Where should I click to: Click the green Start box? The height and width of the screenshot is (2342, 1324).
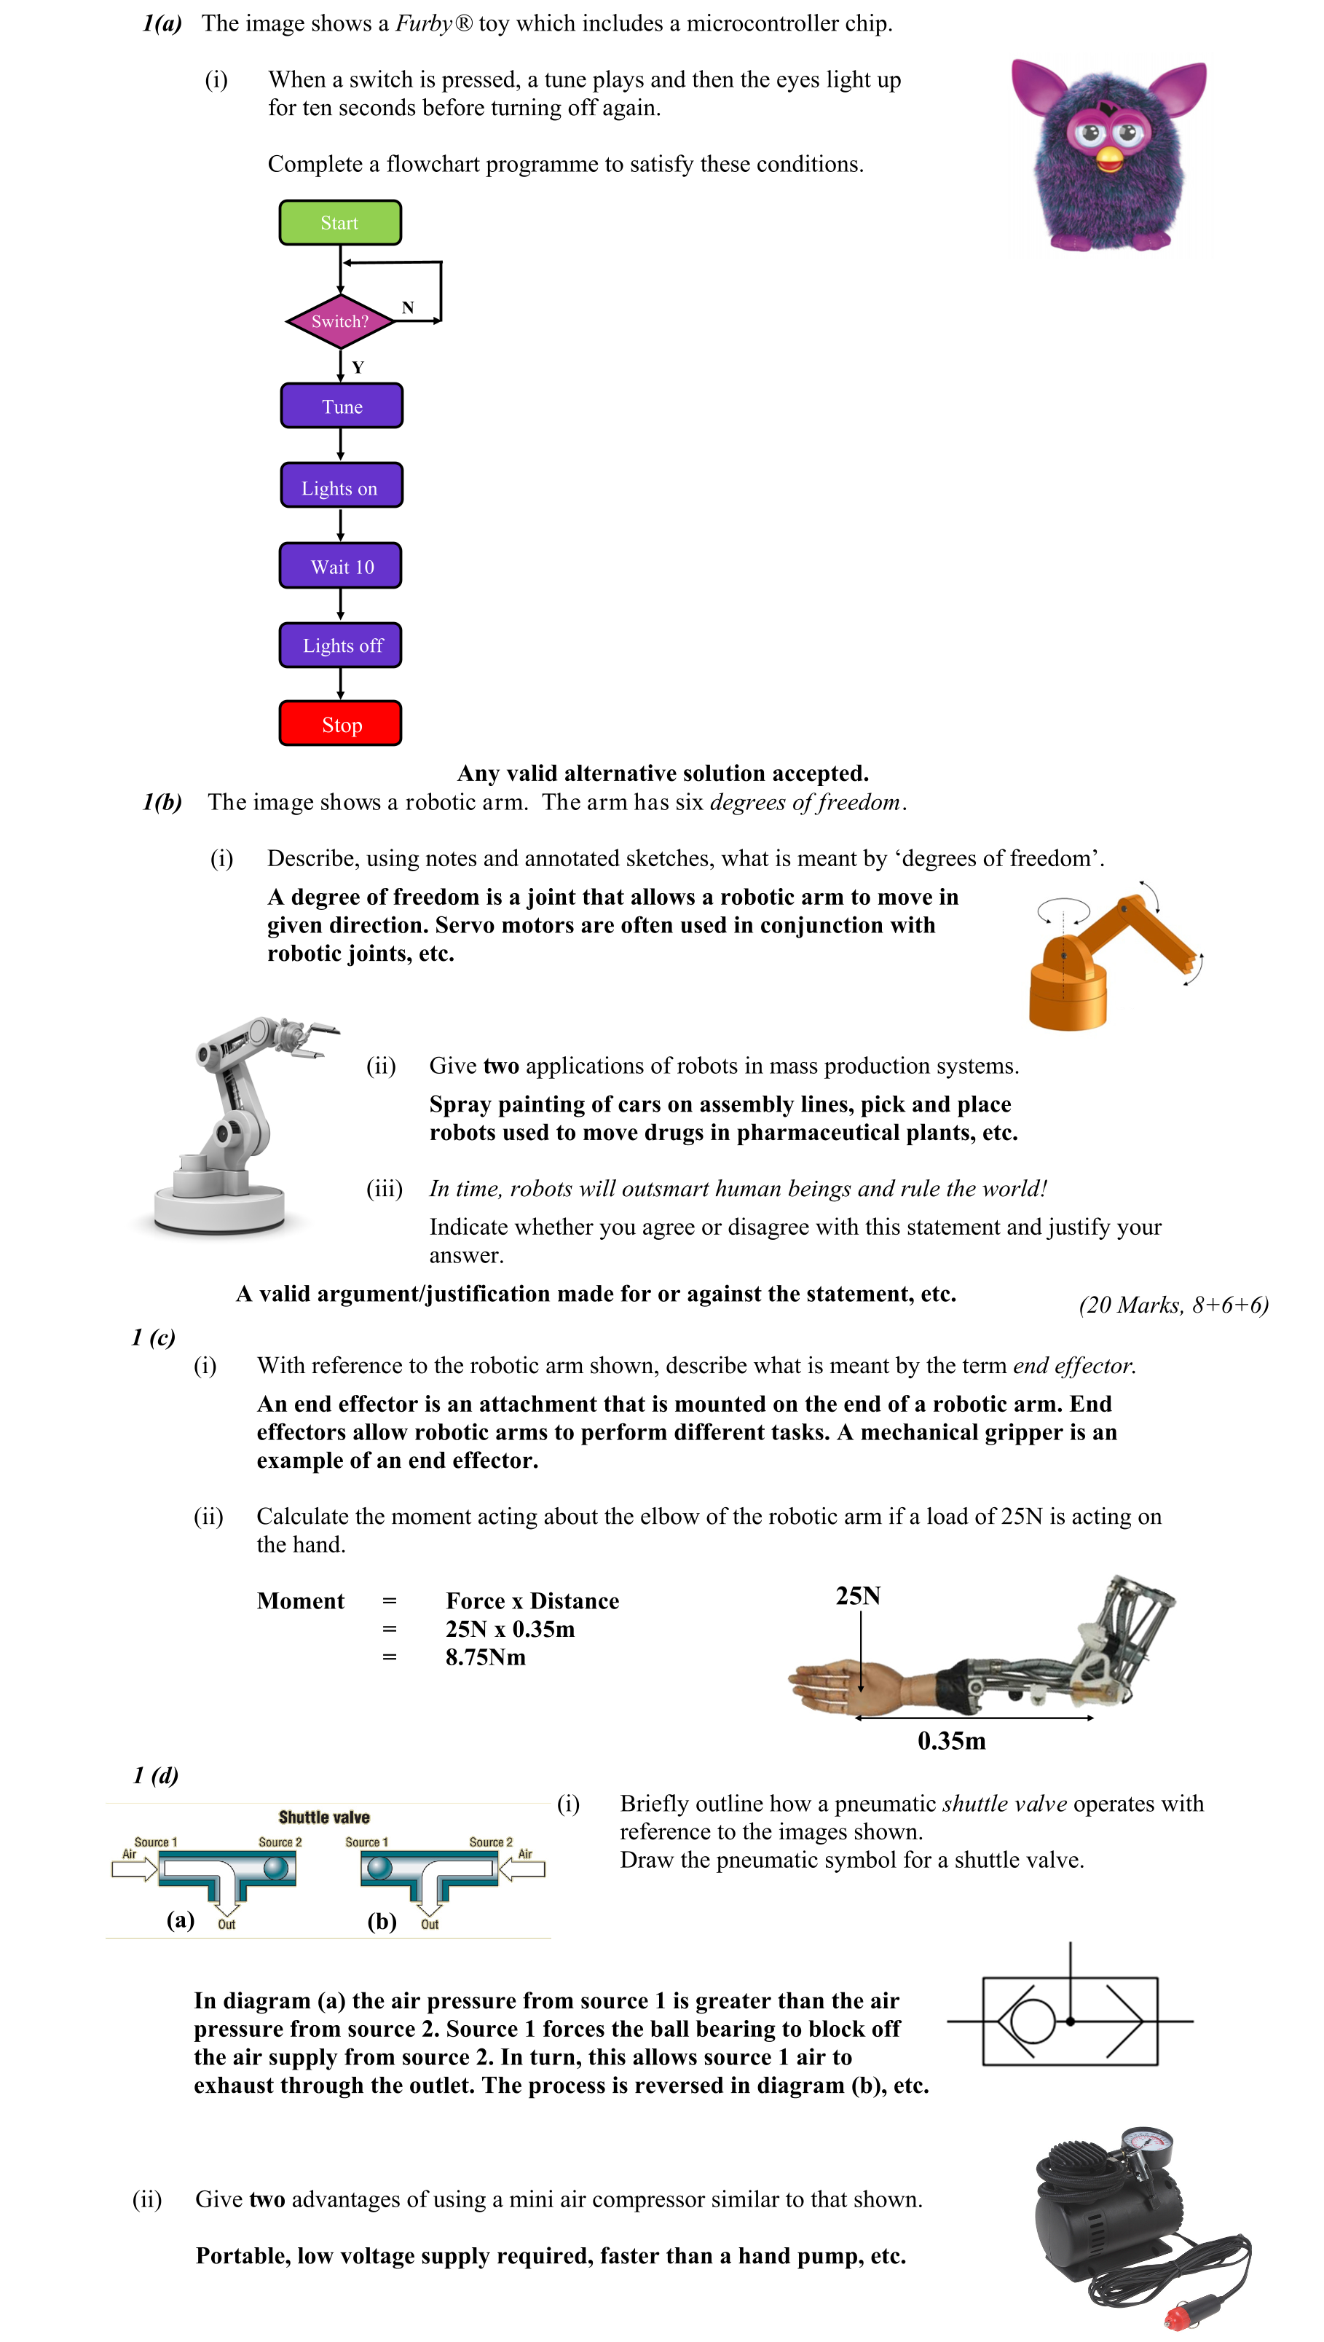[x=339, y=223]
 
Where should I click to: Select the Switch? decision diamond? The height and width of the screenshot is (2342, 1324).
[x=340, y=321]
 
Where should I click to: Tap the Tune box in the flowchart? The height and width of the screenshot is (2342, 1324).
[x=341, y=406]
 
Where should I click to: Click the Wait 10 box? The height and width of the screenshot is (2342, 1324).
[x=341, y=567]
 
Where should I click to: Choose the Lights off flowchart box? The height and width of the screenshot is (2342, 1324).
[x=341, y=645]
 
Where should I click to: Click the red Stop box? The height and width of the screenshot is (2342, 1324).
[x=341, y=724]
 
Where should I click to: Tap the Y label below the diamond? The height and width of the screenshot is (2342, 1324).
[x=358, y=367]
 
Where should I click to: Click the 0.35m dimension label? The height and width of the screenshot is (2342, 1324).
[x=951, y=1741]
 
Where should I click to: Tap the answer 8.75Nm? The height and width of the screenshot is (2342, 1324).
[x=486, y=1657]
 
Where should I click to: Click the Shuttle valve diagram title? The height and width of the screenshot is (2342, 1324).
[x=324, y=1818]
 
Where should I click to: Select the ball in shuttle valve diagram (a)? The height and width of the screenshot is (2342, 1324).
[x=275, y=1869]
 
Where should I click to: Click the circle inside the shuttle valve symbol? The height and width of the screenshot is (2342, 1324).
[x=1032, y=2021]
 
